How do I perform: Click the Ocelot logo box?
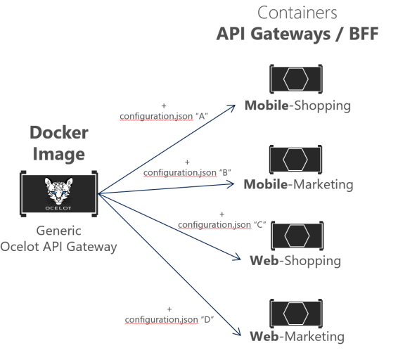(60, 193)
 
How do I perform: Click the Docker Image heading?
(60, 143)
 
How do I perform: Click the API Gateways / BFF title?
(297, 34)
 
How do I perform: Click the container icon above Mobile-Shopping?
(296, 80)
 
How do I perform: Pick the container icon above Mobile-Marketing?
(296, 160)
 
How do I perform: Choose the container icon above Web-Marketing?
(296, 312)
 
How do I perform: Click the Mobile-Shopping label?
(297, 106)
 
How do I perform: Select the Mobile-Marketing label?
(297, 185)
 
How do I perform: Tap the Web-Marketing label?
(297, 336)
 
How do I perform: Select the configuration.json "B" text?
(187, 172)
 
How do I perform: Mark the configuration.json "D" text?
(169, 320)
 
